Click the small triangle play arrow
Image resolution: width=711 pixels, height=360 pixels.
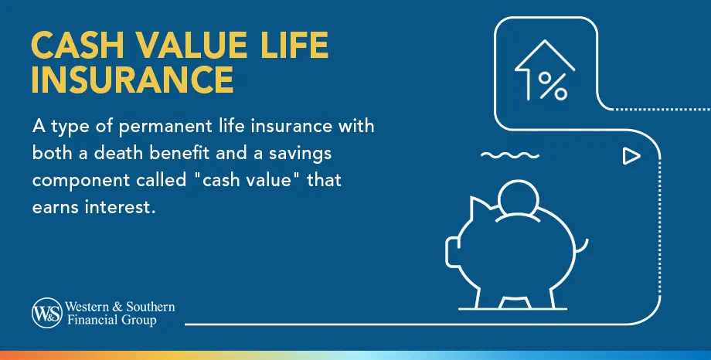click(x=631, y=157)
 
